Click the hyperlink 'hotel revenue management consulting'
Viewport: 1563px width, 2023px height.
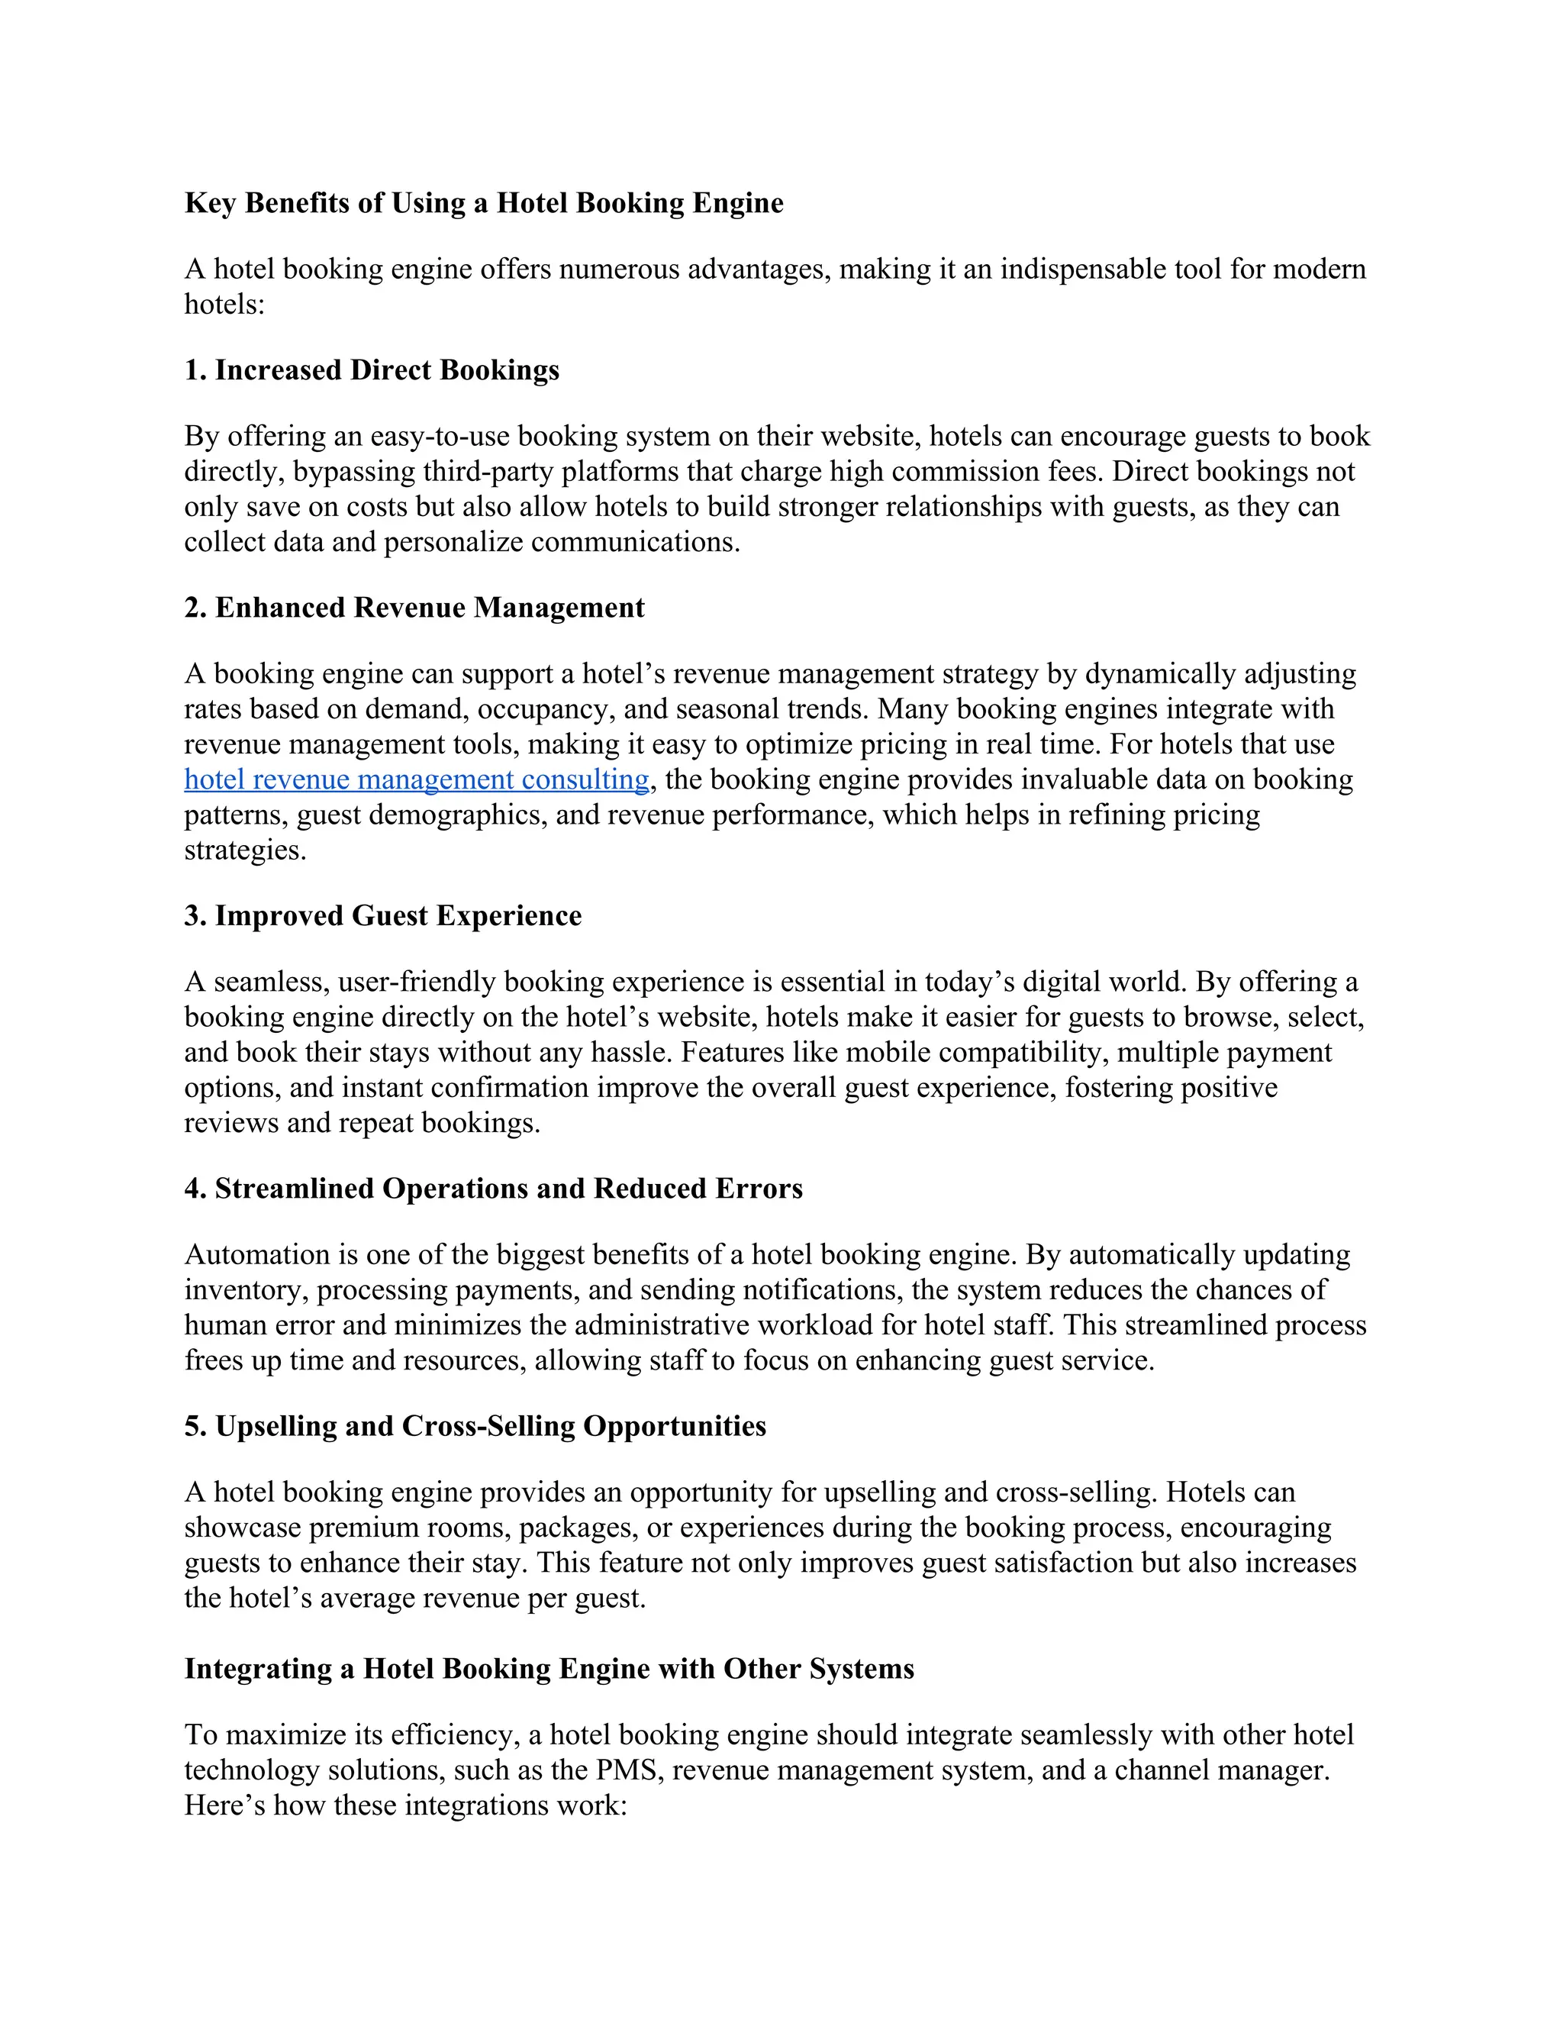(416, 780)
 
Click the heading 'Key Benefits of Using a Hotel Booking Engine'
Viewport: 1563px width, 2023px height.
(483, 203)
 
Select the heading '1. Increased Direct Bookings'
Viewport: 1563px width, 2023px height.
(372, 370)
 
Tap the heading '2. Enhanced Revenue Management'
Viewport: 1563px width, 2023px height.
(414, 608)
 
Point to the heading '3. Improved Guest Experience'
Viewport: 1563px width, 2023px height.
(382, 916)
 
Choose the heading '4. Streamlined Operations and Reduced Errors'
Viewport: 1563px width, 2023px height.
(492, 1189)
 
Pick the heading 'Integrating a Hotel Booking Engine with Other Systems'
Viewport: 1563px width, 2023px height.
(548, 1668)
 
